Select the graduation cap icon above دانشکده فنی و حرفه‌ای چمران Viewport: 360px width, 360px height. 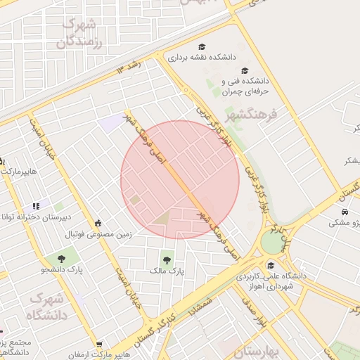(244, 70)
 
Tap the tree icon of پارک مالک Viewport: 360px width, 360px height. (167, 258)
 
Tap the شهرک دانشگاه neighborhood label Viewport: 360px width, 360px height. (47, 307)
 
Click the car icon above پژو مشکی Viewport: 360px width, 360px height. (345, 212)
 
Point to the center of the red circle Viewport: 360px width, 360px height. (180, 180)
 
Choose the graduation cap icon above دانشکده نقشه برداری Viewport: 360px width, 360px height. (202, 47)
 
